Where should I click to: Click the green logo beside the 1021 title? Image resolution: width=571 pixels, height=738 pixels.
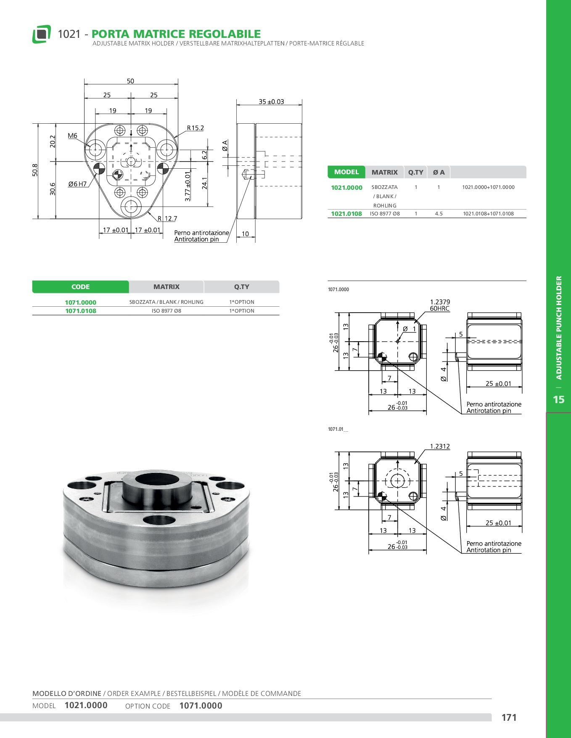click(42, 34)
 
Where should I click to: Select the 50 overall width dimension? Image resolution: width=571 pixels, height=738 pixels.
click(130, 81)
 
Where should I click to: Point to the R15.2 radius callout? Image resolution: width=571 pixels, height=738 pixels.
click(196, 128)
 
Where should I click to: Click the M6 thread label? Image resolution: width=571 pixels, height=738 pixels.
click(72, 135)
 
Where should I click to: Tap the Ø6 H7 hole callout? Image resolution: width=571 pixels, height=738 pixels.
click(77, 184)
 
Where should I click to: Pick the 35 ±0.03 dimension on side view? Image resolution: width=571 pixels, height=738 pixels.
click(271, 102)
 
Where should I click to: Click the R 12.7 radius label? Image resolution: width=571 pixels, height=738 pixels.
click(167, 218)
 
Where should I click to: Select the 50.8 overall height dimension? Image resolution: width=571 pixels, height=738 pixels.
click(35, 170)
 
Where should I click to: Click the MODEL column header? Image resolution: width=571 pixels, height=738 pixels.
click(346, 172)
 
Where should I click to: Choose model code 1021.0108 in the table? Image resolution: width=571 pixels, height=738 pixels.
click(346, 214)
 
